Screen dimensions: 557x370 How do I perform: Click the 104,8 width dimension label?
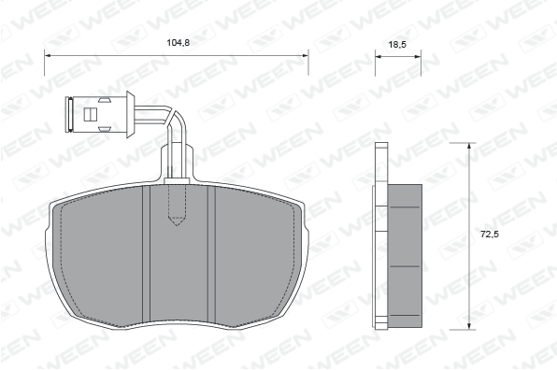point(179,43)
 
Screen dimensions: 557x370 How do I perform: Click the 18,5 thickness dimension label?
point(397,45)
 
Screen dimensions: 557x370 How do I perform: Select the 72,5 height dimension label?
point(490,235)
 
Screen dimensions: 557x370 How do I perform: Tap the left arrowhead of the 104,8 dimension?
point(48,56)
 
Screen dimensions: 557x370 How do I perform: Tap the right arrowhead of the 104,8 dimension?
point(305,56)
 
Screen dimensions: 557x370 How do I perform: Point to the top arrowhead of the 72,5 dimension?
point(469,146)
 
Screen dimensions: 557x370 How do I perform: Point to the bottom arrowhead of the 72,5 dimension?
point(469,326)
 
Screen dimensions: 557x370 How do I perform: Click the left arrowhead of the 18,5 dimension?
point(378,56)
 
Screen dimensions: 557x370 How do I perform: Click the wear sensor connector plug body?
point(100,114)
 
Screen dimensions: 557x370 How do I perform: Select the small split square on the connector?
point(91,114)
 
